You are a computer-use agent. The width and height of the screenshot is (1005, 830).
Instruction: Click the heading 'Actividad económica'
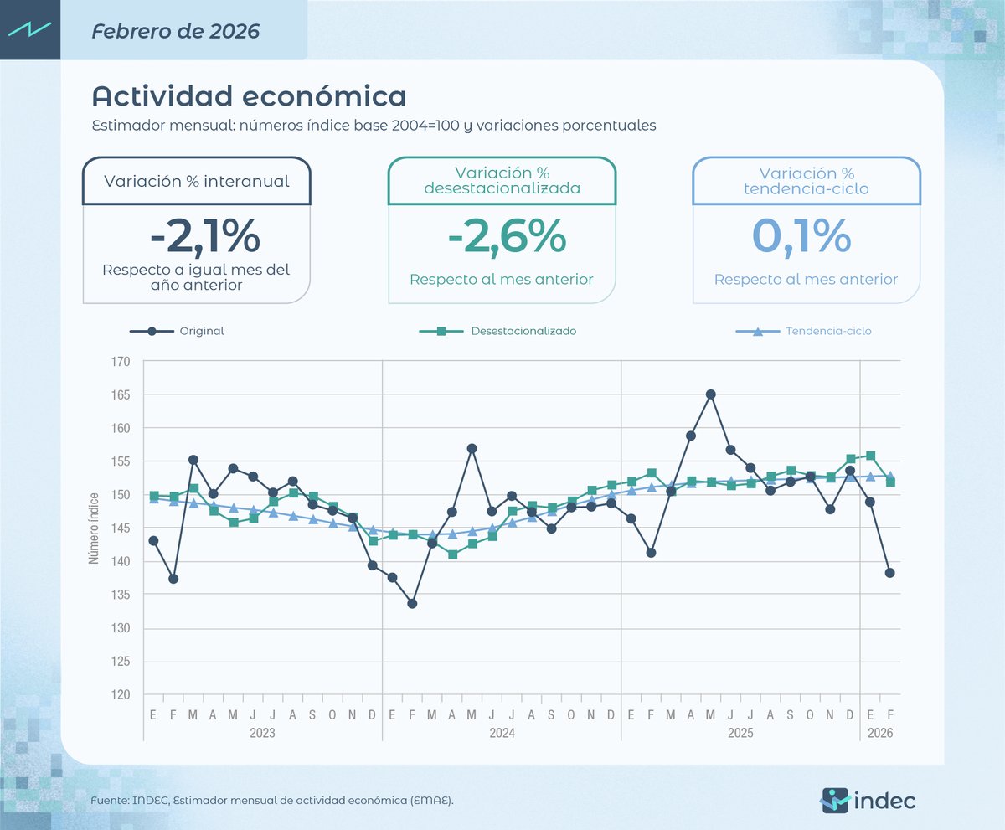249,95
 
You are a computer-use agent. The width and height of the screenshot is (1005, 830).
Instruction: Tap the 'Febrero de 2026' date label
176,32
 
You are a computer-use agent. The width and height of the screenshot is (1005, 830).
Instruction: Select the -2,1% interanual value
204,236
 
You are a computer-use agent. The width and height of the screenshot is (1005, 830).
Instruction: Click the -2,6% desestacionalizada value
508,236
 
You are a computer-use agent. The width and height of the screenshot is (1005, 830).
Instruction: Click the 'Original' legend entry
201,331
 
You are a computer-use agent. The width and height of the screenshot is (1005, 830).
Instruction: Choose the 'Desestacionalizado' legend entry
523,331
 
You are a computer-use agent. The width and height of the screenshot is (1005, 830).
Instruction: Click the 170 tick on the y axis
121,362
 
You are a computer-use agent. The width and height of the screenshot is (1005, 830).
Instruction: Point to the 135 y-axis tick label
121,595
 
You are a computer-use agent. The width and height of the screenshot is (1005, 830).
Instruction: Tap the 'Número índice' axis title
95,528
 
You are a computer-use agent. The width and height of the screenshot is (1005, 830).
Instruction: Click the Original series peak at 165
710,394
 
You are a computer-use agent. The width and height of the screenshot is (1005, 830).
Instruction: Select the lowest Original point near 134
412,603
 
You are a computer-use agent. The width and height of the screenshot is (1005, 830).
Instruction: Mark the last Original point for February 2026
890,573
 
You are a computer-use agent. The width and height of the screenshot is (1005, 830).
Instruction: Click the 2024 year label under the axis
502,733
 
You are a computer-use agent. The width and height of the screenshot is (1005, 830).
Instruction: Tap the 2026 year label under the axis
880,733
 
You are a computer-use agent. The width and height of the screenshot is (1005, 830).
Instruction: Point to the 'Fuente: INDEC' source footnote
272,802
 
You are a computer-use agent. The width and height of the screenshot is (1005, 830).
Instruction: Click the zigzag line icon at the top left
30,29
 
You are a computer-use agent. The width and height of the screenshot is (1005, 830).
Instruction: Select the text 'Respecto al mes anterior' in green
501,279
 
